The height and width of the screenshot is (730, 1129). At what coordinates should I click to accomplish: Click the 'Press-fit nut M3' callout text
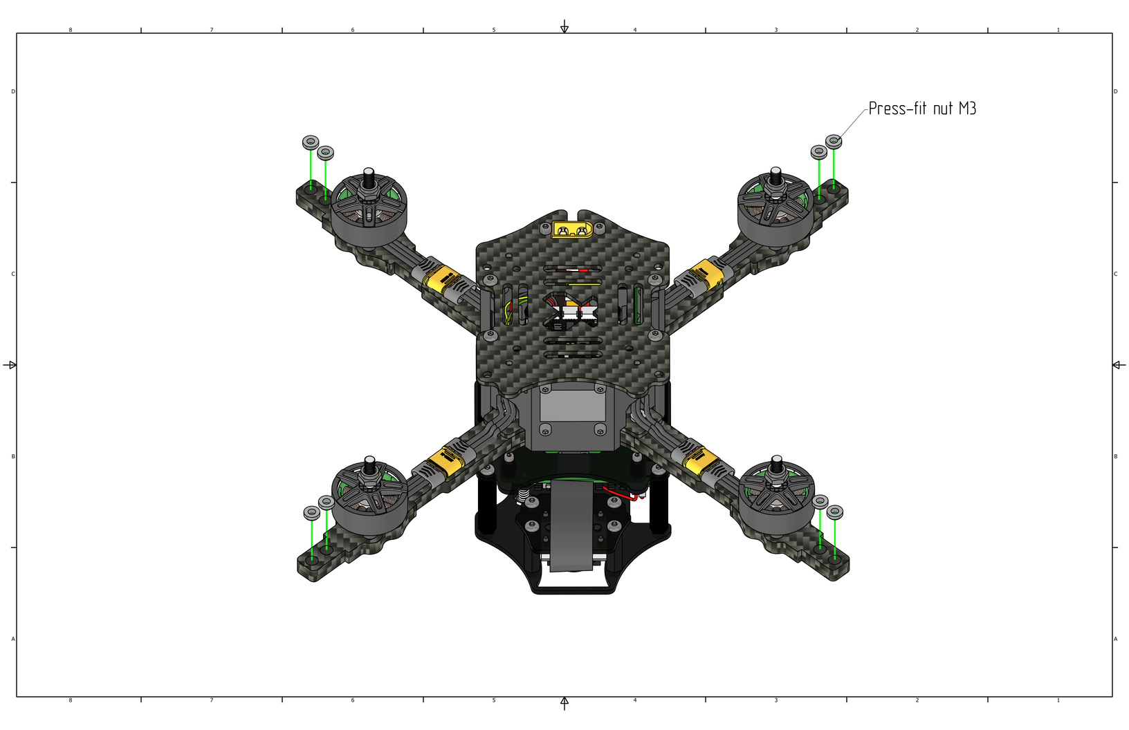coord(922,109)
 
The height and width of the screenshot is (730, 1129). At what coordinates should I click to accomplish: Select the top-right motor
coord(775,209)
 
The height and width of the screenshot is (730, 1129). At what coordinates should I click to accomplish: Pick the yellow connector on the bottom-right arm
coord(701,462)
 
